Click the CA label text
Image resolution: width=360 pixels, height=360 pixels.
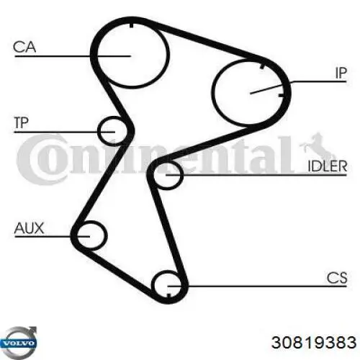pyautogui.click(x=24, y=47)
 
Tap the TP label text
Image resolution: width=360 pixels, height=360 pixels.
pyautogui.click(x=21, y=123)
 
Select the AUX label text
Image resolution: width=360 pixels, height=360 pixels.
pyautogui.click(x=29, y=228)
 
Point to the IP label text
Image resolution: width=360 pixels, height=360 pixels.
pyautogui.click(x=341, y=73)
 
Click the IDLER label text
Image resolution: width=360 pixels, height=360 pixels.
pyautogui.click(x=328, y=166)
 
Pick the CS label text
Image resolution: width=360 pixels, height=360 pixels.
pyautogui.click(x=337, y=278)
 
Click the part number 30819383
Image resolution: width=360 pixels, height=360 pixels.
pyautogui.click(x=314, y=342)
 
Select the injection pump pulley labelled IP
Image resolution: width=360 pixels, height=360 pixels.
pyautogui.click(x=213, y=91)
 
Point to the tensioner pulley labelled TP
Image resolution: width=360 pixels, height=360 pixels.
pyautogui.click(x=99, y=131)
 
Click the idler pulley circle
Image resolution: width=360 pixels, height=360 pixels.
pyautogui.click(x=182, y=176)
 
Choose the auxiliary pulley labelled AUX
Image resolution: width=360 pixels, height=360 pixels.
pyautogui.click(x=106, y=236)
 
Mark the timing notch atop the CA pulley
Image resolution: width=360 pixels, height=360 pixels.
pyautogui.click(x=131, y=25)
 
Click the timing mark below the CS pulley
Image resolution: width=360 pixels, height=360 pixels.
pyautogui.click(x=168, y=295)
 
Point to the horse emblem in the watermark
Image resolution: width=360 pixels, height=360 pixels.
pyautogui.click(x=316, y=145)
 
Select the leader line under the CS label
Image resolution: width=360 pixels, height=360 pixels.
pyautogui.click(x=257, y=286)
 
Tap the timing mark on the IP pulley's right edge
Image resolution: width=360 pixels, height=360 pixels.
pyautogui.click(x=282, y=96)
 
